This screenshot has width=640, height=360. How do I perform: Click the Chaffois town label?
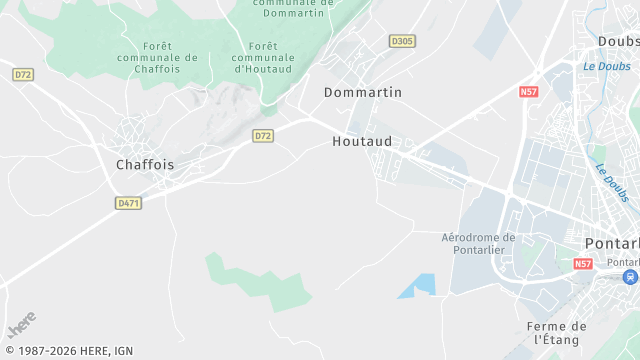click(145, 164)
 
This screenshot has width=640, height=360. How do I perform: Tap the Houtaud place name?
click(362, 142)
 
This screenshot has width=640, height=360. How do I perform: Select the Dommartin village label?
click(363, 92)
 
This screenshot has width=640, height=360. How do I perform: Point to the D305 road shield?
click(402, 41)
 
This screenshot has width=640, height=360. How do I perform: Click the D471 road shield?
click(128, 203)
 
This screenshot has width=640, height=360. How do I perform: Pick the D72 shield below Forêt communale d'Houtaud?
click(263, 135)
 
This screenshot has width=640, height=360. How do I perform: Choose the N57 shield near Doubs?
click(529, 92)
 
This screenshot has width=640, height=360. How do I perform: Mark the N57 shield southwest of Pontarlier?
click(584, 264)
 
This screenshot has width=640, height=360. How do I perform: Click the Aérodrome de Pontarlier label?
click(478, 243)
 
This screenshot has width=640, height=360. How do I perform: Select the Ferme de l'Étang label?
click(557, 333)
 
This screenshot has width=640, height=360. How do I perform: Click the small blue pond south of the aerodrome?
click(420, 285)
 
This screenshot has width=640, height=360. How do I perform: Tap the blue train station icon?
click(630, 276)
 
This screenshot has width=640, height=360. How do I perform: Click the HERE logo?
click(21, 325)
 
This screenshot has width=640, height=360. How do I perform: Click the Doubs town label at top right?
click(618, 41)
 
